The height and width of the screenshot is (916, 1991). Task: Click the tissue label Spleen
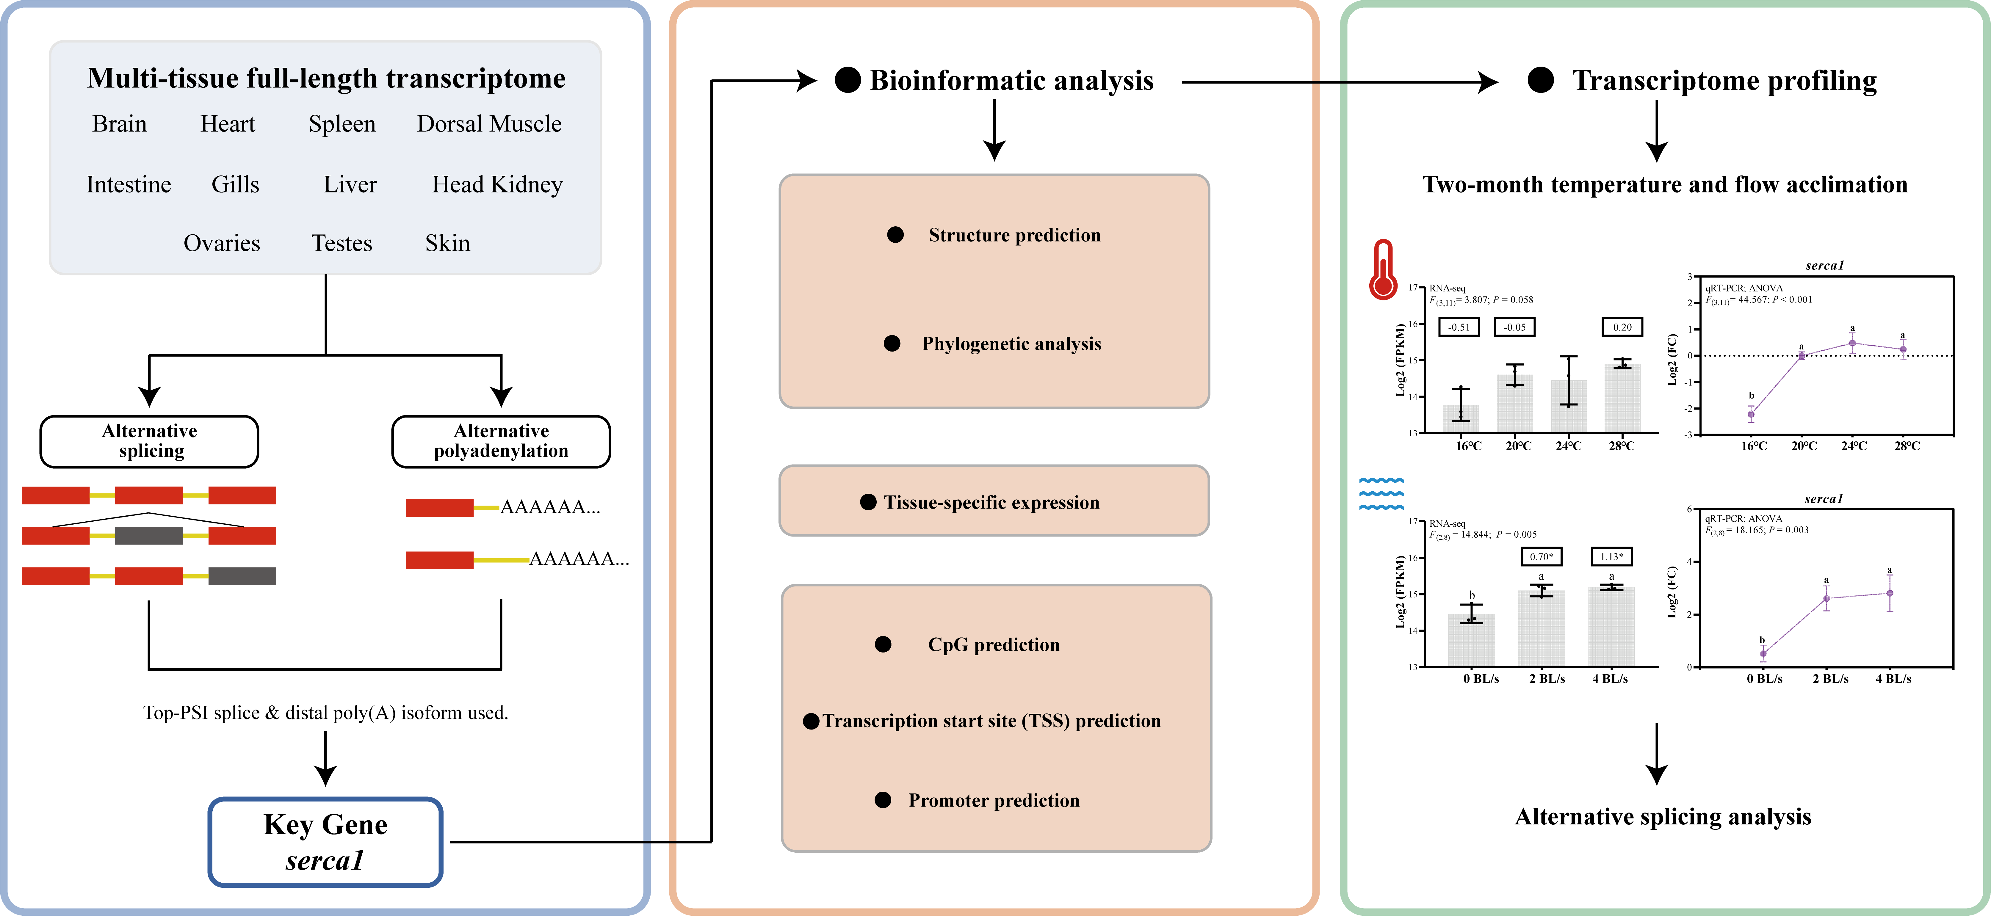[342, 124]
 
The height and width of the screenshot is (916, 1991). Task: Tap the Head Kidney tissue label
[497, 185]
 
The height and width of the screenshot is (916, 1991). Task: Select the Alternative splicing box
[149, 441]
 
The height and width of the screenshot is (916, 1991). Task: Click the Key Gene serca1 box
[325, 842]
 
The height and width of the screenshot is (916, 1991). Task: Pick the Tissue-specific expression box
[994, 501]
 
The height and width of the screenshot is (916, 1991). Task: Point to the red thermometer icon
[1383, 269]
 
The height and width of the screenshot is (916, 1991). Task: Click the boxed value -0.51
[1459, 327]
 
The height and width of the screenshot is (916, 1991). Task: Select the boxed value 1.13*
[1611, 556]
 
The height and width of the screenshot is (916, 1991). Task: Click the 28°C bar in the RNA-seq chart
[1622, 397]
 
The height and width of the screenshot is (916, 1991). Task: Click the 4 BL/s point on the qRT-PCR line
[1890, 593]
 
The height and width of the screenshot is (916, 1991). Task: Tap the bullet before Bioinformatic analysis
[848, 80]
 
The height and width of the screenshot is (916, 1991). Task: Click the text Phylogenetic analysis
[1012, 344]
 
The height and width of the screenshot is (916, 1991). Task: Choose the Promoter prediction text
[994, 800]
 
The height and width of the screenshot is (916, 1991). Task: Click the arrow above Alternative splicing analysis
[1656, 754]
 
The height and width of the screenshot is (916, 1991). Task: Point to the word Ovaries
[222, 244]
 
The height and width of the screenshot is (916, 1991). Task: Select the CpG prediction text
[994, 645]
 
